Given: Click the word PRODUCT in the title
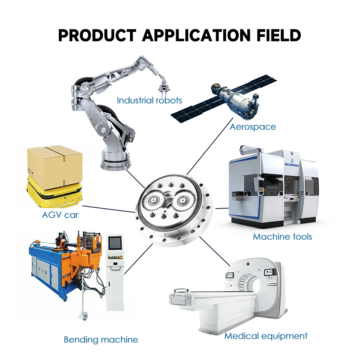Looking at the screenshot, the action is point(97,36).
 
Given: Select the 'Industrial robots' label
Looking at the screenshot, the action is point(149,100).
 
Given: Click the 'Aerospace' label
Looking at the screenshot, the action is point(253,127).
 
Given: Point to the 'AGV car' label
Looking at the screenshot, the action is point(60,215).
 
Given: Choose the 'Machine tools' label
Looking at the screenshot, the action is point(282,237).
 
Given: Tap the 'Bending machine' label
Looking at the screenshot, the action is point(101,339).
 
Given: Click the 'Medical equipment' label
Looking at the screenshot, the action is point(266,336).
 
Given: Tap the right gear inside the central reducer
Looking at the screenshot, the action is point(184,201).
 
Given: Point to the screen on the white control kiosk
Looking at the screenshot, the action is point(115,243).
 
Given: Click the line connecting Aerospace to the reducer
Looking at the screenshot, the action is point(210,147).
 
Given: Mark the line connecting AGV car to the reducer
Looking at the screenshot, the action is point(109,209).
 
